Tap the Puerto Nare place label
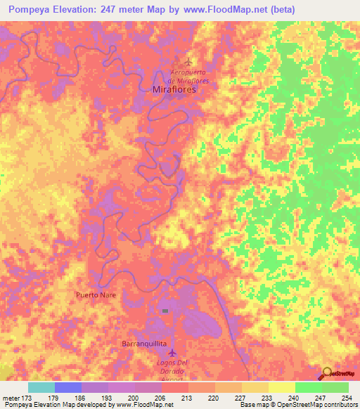click(96, 295)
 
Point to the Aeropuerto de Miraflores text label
click(190, 77)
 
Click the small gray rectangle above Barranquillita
click(165, 310)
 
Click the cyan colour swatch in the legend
click(41, 387)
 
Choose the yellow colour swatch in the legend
click(282, 387)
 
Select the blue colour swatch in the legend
click(68, 387)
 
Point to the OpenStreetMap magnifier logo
click(328, 373)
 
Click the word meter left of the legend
click(12, 398)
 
